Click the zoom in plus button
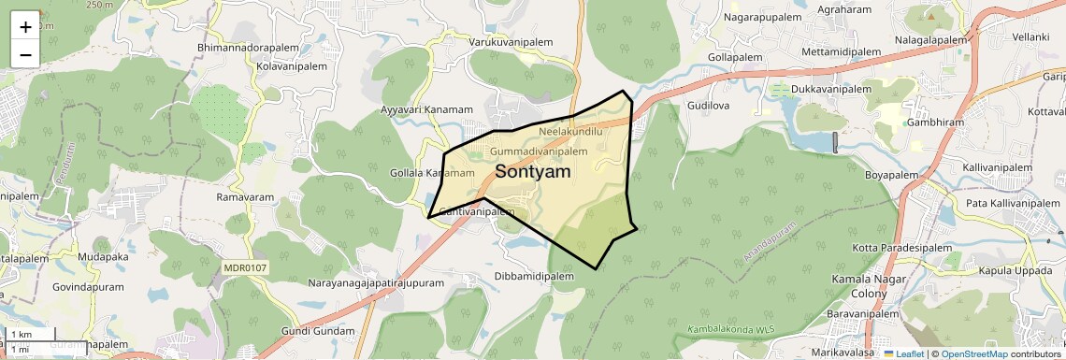pos(25,26)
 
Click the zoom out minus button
pos(25,54)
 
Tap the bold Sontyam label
pos(533,171)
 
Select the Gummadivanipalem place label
pos(539,151)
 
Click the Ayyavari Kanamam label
pos(427,109)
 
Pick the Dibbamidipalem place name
pos(535,277)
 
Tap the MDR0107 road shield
pos(245,267)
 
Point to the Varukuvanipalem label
pos(511,43)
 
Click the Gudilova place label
pos(708,107)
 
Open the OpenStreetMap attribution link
pos(974,353)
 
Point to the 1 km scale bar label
pos(22,334)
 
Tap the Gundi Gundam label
pos(318,332)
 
